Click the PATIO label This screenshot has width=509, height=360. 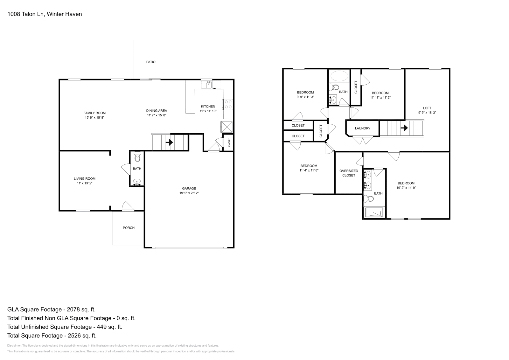point(151,62)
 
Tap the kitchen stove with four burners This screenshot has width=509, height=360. point(228,104)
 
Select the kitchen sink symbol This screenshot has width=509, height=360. point(206,84)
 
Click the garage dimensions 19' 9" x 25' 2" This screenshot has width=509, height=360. point(189,193)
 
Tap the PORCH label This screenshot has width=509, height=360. point(129,228)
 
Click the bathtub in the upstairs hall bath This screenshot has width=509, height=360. point(339,76)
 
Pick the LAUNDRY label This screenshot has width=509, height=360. point(363,128)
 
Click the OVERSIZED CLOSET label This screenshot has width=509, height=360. point(349,173)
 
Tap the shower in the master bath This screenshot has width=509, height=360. point(374,212)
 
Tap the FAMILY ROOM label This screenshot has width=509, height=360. point(94,113)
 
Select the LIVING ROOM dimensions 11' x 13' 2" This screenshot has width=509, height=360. point(85,183)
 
